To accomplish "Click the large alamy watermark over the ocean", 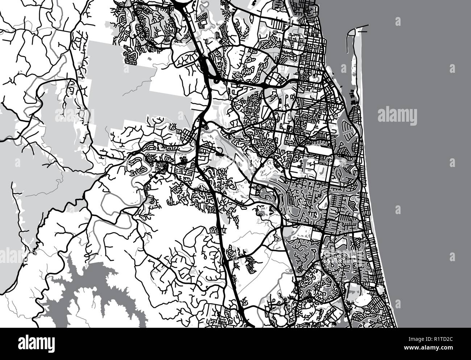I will pyautogui.click(x=397, y=116).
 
